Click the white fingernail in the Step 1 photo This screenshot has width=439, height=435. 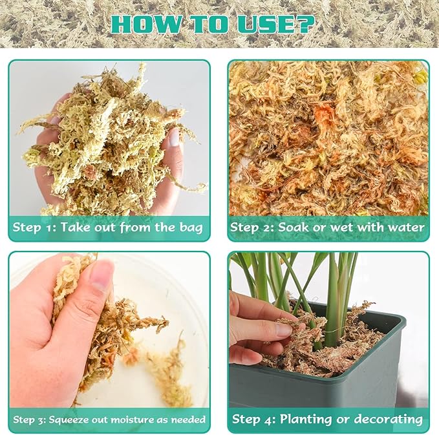(x=175, y=137)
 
